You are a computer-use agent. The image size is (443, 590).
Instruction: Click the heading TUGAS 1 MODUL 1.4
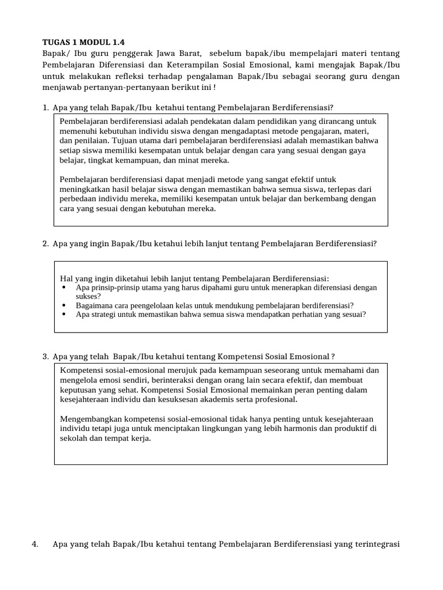point(83,42)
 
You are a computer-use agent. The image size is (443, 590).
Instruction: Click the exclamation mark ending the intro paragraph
point(214,88)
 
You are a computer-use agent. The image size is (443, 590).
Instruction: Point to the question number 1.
point(44,108)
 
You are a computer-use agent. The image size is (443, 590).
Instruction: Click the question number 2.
point(44,243)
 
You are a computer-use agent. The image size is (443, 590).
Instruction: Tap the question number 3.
point(44,357)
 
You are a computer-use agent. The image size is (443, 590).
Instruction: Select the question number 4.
point(35,544)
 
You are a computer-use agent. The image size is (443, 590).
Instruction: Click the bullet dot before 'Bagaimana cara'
point(63,305)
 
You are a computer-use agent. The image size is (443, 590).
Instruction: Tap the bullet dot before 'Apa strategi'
point(63,315)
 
